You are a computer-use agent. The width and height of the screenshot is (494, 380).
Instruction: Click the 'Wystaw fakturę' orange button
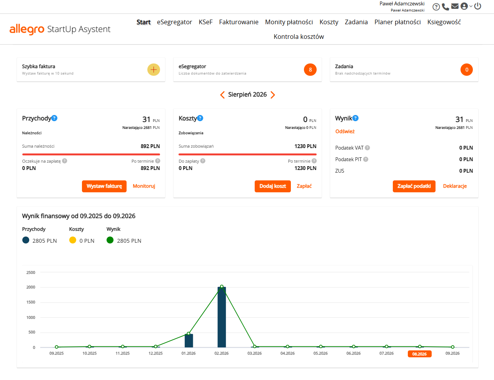(x=104, y=186)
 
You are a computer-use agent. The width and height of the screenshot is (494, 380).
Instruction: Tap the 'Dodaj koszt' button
(x=272, y=186)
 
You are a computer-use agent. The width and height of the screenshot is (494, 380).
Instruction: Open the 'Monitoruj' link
(x=144, y=186)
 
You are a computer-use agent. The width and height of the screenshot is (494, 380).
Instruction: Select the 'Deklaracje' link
(x=455, y=186)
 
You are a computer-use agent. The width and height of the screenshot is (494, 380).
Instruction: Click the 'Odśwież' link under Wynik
(x=345, y=132)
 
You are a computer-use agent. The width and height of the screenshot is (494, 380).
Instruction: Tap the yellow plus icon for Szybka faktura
(x=154, y=70)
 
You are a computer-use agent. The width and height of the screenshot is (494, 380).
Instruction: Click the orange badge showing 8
(x=310, y=70)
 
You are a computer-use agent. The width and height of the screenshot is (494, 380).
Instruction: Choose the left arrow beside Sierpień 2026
(x=222, y=95)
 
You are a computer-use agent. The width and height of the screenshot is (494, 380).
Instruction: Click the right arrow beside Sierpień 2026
(x=273, y=95)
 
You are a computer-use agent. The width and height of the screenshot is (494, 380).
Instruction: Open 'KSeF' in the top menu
(x=205, y=22)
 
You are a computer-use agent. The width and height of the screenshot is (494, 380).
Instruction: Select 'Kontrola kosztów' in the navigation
(x=299, y=37)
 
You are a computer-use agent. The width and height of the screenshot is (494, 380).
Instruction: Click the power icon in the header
(x=477, y=6)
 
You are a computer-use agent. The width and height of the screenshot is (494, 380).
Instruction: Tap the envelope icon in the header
(x=455, y=6)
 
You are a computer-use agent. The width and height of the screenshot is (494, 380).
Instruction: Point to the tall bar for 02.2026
(x=222, y=317)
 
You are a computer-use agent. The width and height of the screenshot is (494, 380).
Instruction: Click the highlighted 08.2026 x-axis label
(x=419, y=354)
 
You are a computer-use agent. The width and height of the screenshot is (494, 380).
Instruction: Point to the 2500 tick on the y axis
(x=31, y=272)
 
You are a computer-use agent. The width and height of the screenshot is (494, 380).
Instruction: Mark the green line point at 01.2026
(x=189, y=333)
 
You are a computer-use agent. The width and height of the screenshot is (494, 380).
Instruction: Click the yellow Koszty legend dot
(x=72, y=240)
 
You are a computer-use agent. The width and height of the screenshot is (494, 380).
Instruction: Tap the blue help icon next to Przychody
(x=54, y=118)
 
